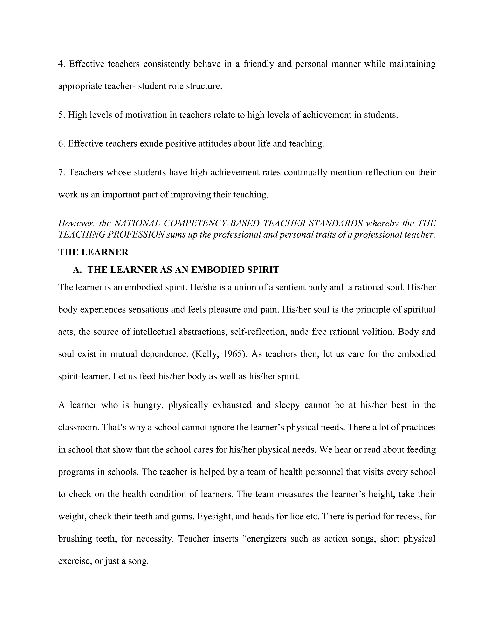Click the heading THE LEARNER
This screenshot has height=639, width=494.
point(93,252)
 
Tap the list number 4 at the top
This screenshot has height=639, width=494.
point(61,64)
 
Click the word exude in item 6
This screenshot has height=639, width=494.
point(151,144)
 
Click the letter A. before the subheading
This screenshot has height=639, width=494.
point(77,270)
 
